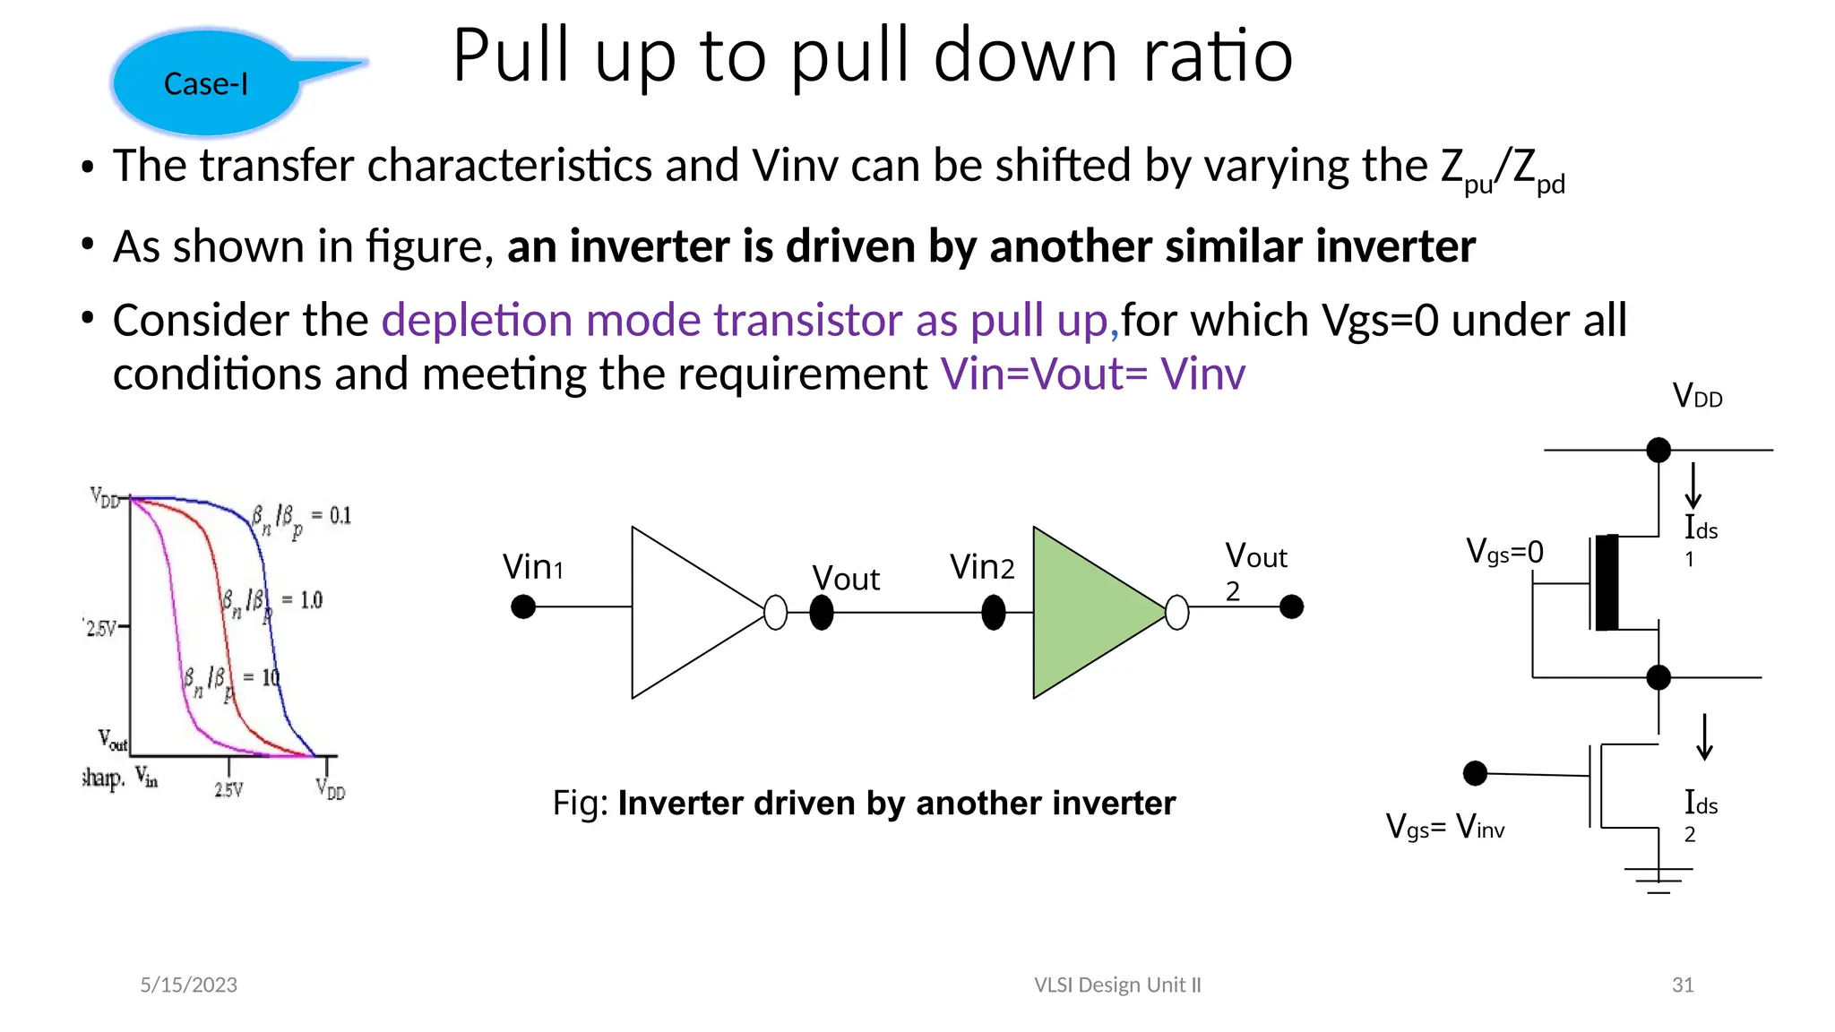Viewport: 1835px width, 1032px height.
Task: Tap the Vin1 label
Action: pyautogui.click(x=532, y=567)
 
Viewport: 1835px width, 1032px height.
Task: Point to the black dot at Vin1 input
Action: pyautogui.click(x=523, y=607)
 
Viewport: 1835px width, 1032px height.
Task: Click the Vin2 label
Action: pyautogui.click(x=982, y=567)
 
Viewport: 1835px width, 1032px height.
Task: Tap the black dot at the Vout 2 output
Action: pyautogui.click(x=1291, y=607)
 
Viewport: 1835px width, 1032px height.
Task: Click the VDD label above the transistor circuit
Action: pyautogui.click(x=1697, y=396)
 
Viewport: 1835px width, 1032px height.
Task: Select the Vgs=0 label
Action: pyautogui.click(x=1504, y=552)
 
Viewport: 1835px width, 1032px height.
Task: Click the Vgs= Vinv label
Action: pyautogui.click(x=1444, y=826)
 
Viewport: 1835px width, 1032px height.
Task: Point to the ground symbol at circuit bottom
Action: pyautogui.click(x=1658, y=879)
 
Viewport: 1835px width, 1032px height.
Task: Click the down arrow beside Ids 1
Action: pyautogui.click(x=1693, y=486)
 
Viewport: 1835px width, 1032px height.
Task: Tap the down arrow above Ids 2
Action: pyautogui.click(x=1704, y=737)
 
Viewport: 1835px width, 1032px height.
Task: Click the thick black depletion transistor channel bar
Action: pyautogui.click(x=1607, y=583)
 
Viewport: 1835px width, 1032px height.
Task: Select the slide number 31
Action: pyautogui.click(x=1682, y=985)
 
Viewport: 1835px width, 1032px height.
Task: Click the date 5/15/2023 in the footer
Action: pyautogui.click(x=188, y=985)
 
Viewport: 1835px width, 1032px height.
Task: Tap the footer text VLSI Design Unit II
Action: pyautogui.click(x=1116, y=985)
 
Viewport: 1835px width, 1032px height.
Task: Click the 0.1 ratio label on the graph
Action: pyautogui.click(x=340, y=516)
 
